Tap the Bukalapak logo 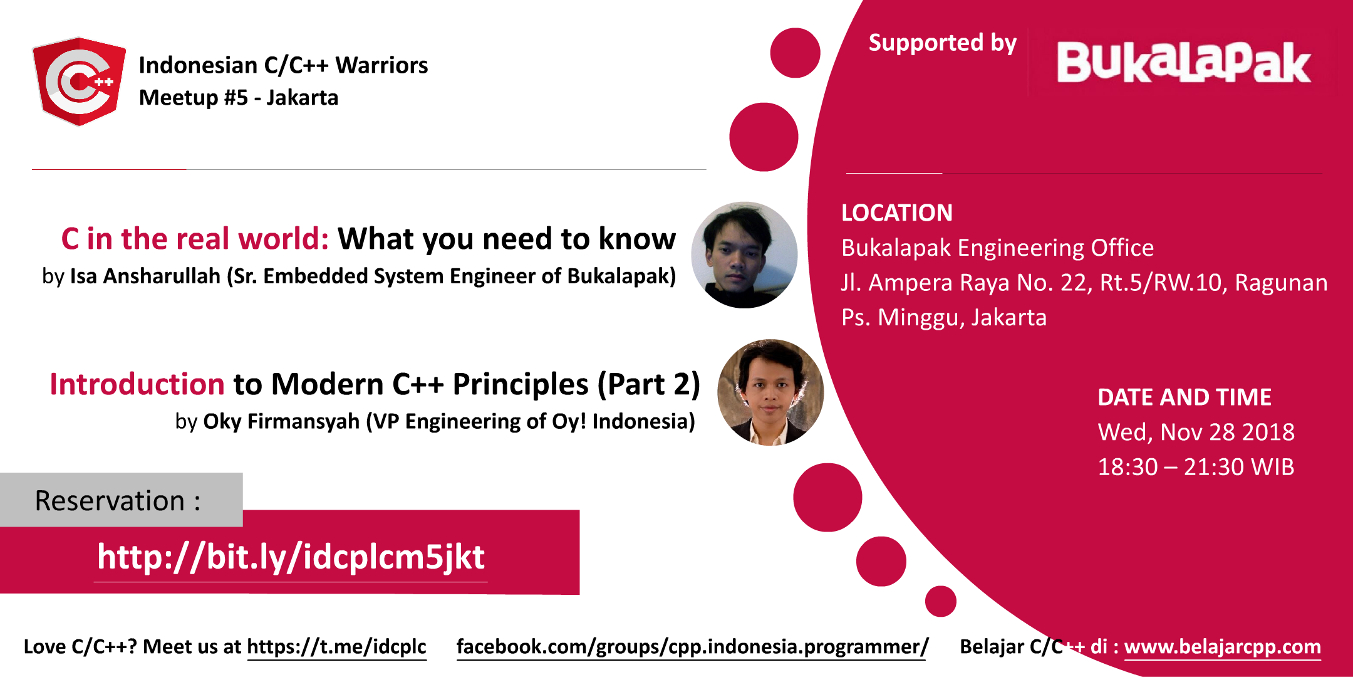click(1183, 63)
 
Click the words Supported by click(942, 43)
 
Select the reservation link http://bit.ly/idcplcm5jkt click(291, 557)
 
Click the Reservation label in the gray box click(118, 500)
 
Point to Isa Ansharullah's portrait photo click(744, 255)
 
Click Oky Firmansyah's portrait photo click(770, 392)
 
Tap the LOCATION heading click(896, 213)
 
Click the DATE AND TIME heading click(1184, 397)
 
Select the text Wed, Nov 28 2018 click(1196, 432)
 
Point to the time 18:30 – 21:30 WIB click(1195, 467)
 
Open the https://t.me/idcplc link click(336, 646)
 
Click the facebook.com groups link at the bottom click(692, 646)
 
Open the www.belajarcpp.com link click(1222, 646)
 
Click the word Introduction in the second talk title click(137, 384)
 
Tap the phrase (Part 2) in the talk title click(648, 384)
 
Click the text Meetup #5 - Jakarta click(238, 98)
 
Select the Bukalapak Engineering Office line click(997, 248)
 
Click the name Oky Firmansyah click(281, 421)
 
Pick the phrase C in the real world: click(195, 239)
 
